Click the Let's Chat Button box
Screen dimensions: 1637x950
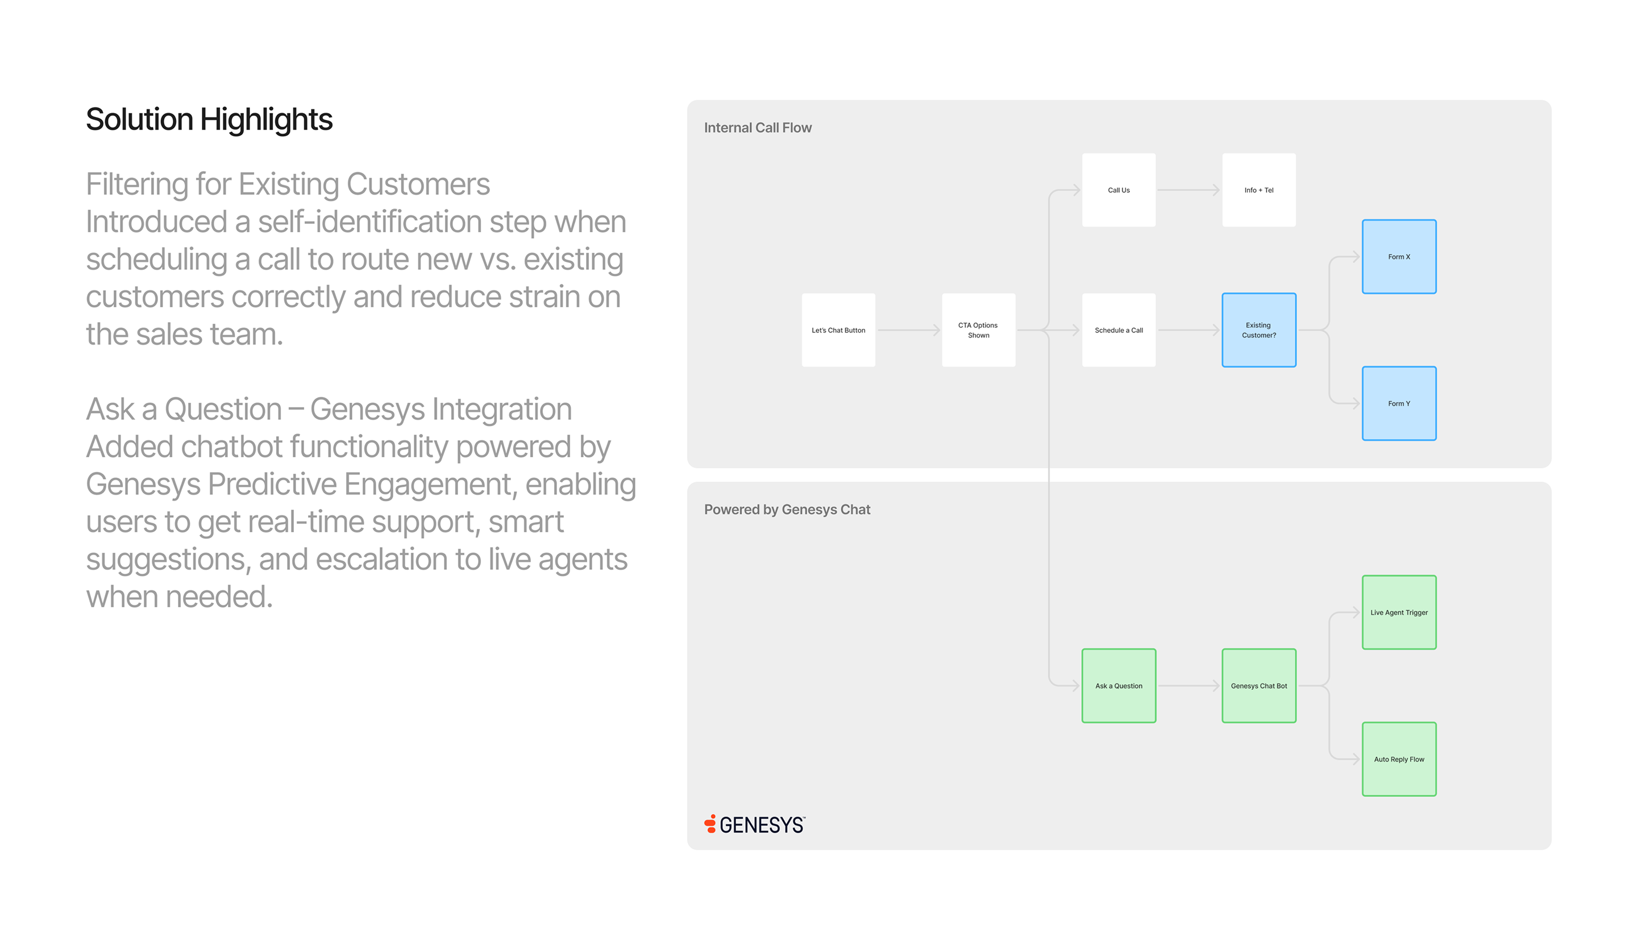click(x=838, y=330)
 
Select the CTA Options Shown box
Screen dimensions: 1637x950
click(x=978, y=330)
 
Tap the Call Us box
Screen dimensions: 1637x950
click(x=1119, y=190)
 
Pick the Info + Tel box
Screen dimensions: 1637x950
click(x=1259, y=190)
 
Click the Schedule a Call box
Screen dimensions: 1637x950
click(x=1119, y=330)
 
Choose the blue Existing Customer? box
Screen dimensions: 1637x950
click(x=1259, y=330)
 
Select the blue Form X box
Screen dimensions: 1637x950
click(x=1399, y=256)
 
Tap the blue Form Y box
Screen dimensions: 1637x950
click(x=1399, y=403)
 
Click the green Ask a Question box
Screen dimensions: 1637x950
click(x=1119, y=686)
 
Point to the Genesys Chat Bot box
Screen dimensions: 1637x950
click(x=1259, y=686)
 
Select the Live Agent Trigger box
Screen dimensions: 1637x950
click(x=1399, y=612)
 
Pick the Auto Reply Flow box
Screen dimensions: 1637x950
click(x=1399, y=759)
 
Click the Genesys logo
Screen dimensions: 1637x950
click(x=755, y=824)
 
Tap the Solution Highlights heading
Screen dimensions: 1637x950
click(x=209, y=119)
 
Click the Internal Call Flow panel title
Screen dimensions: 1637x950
click(x=758, y=128)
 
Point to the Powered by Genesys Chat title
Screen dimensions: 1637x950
click(x=787, y=510)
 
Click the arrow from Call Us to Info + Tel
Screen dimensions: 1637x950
click(x=1189, y=190)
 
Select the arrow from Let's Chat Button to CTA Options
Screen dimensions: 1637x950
click(x=909, y=330)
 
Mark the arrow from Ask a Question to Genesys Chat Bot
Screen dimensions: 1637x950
click(x=1189, y=686)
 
